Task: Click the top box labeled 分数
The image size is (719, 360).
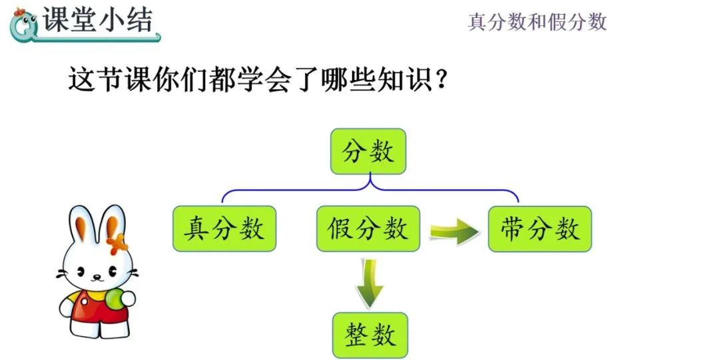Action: coord(368,151)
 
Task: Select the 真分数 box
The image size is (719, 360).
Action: coord(224,228)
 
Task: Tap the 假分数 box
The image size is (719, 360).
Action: coord(368,228)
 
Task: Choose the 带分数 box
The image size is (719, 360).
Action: coord(540,228)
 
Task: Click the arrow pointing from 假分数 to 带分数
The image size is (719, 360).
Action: coord(455,231)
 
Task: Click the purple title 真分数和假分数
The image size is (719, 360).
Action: coord(537,22)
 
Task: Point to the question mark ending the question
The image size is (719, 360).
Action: coord(439,81)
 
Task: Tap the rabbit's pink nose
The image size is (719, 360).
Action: coord(94,275)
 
